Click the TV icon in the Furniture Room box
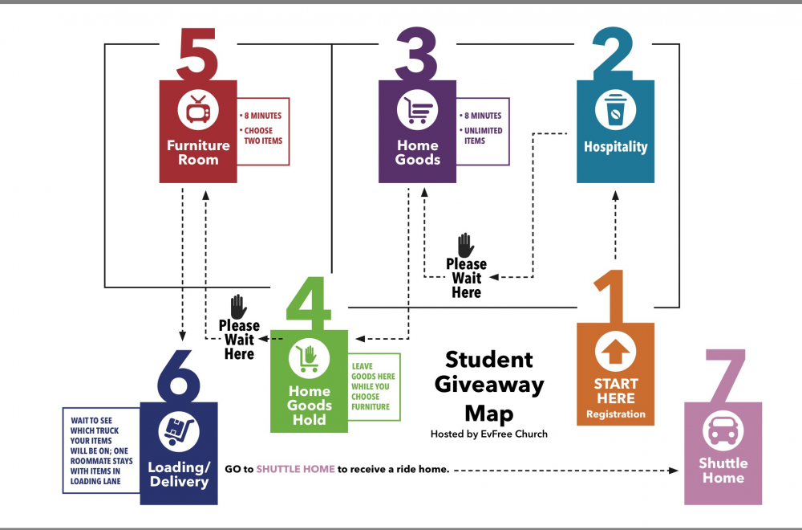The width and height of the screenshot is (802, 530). (197, 110)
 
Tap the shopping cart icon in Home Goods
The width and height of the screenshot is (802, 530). (418, 111)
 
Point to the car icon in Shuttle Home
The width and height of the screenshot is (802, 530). (723, 431)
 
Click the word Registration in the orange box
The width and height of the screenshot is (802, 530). (615, 414)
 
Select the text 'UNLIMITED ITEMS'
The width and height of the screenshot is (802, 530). (483, 136)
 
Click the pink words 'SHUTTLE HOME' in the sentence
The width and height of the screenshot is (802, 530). (295, 469)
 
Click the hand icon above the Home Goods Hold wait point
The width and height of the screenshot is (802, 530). (238, 307)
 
